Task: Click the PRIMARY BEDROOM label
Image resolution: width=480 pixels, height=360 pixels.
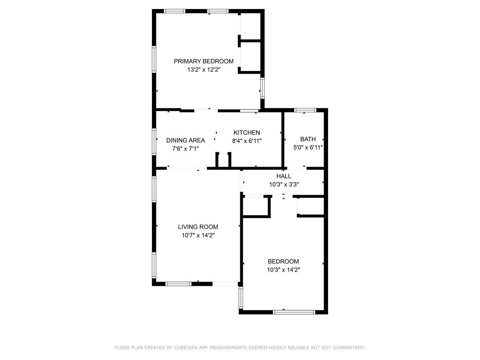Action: click(x=203, y=61)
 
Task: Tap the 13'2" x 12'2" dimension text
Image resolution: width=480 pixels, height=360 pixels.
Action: click(x=203, y=70)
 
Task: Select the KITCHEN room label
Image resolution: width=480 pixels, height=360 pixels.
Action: click(x=247, y=132)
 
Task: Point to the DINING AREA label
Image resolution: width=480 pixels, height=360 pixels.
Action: click(x=185, y=140)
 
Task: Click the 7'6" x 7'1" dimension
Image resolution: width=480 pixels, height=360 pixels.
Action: click(x=185, y=149)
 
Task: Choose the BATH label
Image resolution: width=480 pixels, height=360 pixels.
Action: click(x=308, y=139)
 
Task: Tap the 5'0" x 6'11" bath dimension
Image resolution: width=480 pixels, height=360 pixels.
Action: click(x=308, y=148)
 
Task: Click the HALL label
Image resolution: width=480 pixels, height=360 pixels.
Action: click(x=284, y=176)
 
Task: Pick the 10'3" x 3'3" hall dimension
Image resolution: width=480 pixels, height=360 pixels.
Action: click(x=284, y=185)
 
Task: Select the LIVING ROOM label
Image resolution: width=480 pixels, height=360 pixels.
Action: click(x=198, y=227)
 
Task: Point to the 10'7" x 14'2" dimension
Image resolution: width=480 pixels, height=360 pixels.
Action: click(x=198, y=235)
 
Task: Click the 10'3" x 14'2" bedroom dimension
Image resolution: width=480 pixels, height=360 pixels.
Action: click(x=283, y=270)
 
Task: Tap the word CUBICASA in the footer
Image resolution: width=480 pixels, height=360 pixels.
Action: click(x=185, y=347)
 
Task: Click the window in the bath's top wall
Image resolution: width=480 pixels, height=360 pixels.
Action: click(x=305, y=110)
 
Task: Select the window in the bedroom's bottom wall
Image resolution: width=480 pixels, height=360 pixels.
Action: click(x=294, y=312)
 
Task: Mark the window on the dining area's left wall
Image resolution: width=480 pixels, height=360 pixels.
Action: click(x=154, y=142)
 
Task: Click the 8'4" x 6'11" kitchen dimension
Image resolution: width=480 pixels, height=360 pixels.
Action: click(x=247, y=141)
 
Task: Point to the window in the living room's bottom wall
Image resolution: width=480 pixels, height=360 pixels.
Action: click(x=178, y=284)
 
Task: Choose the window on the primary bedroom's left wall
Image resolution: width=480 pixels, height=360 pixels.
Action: click(x=154, y=59)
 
